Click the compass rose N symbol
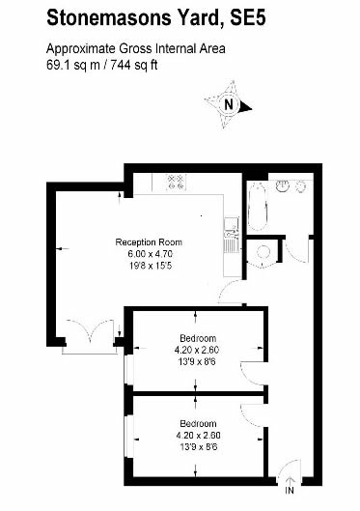(x=229, y=105)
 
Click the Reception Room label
(x=149, y=241)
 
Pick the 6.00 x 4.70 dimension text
(x=149, y=253)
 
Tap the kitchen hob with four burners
(x=176, y=181)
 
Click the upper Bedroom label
(x=197, y=338)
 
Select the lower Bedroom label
(x=197, y=423)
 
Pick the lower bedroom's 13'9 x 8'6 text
(x=197, y=446)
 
